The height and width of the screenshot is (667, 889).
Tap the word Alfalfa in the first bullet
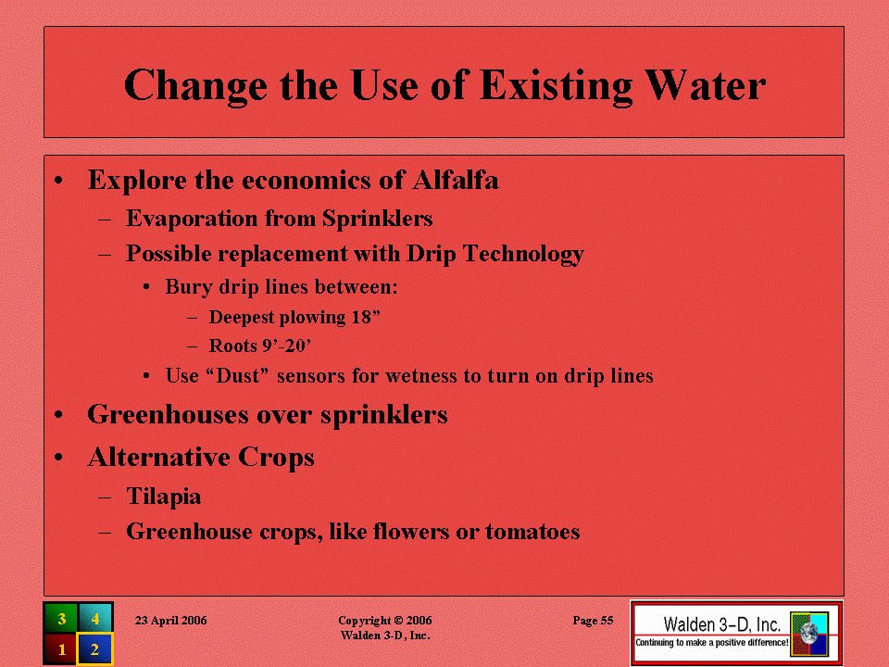tap(456, 180)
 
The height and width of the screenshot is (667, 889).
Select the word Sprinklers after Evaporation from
tap(378, 219)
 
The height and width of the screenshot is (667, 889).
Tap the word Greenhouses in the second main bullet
tap(168, 415)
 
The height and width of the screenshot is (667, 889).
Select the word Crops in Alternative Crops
tap(276, 457)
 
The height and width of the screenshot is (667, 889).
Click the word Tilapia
tap(164, 497)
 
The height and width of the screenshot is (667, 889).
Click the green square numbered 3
tap(61, 618)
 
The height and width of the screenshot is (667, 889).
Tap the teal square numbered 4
tap(94, 618)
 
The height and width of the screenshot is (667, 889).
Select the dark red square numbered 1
tap(61, 648)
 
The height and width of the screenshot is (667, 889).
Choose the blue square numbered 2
tap(94, 648)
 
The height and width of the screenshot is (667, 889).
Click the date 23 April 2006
tap(170, 621)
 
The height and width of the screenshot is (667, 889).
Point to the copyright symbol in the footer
tap(398, 621)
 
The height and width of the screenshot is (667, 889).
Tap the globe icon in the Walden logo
tap(809, 634)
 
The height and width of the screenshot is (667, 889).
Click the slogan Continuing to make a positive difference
tap(711, 643)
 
